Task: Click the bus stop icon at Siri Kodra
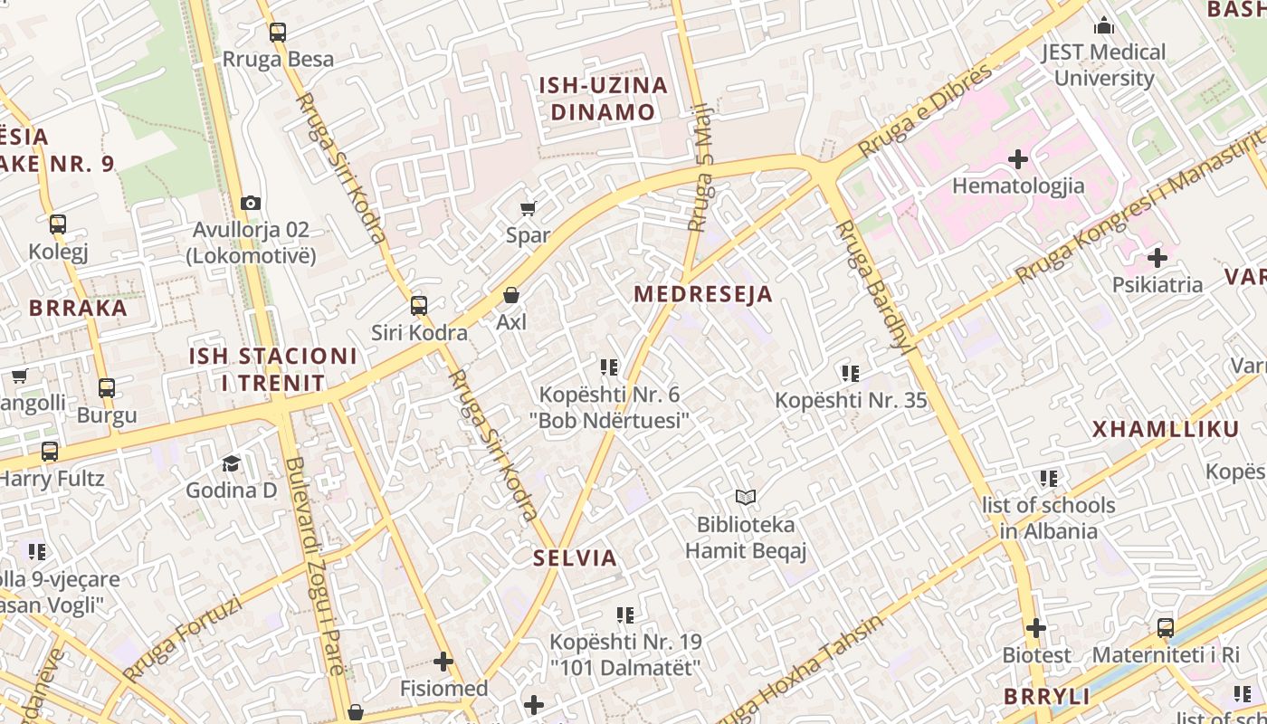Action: [x=418, y=306]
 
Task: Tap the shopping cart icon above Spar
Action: [x=529, y=209]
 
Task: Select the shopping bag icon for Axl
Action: [x=511, y=295]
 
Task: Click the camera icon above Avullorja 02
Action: [x=251, y=204]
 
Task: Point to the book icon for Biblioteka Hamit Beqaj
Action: [x=746, y=497]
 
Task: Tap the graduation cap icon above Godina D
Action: [x=232, y=463]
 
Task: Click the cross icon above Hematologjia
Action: [x=1018, y=159]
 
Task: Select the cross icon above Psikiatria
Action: [x=1157, y=257]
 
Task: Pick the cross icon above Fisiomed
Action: [x=443, y=662]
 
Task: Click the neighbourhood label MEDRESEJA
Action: [x=703, y=294]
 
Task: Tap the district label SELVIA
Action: [x=575, y=557]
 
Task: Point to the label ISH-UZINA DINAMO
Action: [x=604, y=99]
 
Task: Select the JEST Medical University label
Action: [x=1104, y=64]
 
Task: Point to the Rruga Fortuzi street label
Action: [x=182, y=637]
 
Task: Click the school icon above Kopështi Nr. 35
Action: [x=850, y=373]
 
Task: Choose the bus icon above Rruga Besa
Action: [x=278, y=33]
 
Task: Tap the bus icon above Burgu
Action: [x=107, y=388]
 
